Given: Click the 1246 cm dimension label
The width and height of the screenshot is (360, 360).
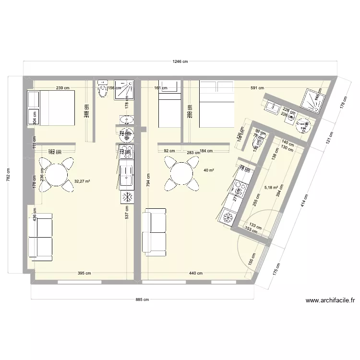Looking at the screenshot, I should [x=180, y=61].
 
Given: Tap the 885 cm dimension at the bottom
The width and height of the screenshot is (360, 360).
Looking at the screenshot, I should [x=143, y=300].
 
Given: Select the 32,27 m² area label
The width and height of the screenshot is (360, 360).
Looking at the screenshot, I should [x=82, y=181].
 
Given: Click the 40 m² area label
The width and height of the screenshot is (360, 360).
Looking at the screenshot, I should [x=209, y=170].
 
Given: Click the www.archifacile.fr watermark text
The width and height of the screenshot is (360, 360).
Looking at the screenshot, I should [x=330, y=301].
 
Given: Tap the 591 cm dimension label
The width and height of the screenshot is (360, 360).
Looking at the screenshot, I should [x=258, y=88].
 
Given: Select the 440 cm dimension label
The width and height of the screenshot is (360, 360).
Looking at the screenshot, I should [x=195, y=274].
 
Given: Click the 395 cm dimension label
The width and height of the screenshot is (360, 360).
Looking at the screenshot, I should [x=84, y=274].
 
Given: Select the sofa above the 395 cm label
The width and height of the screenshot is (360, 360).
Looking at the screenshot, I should [x=40, y=238].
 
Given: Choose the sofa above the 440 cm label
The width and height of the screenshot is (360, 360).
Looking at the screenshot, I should [x=155, y=231].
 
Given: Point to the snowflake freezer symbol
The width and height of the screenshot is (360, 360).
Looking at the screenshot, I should [x=127, y=197].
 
